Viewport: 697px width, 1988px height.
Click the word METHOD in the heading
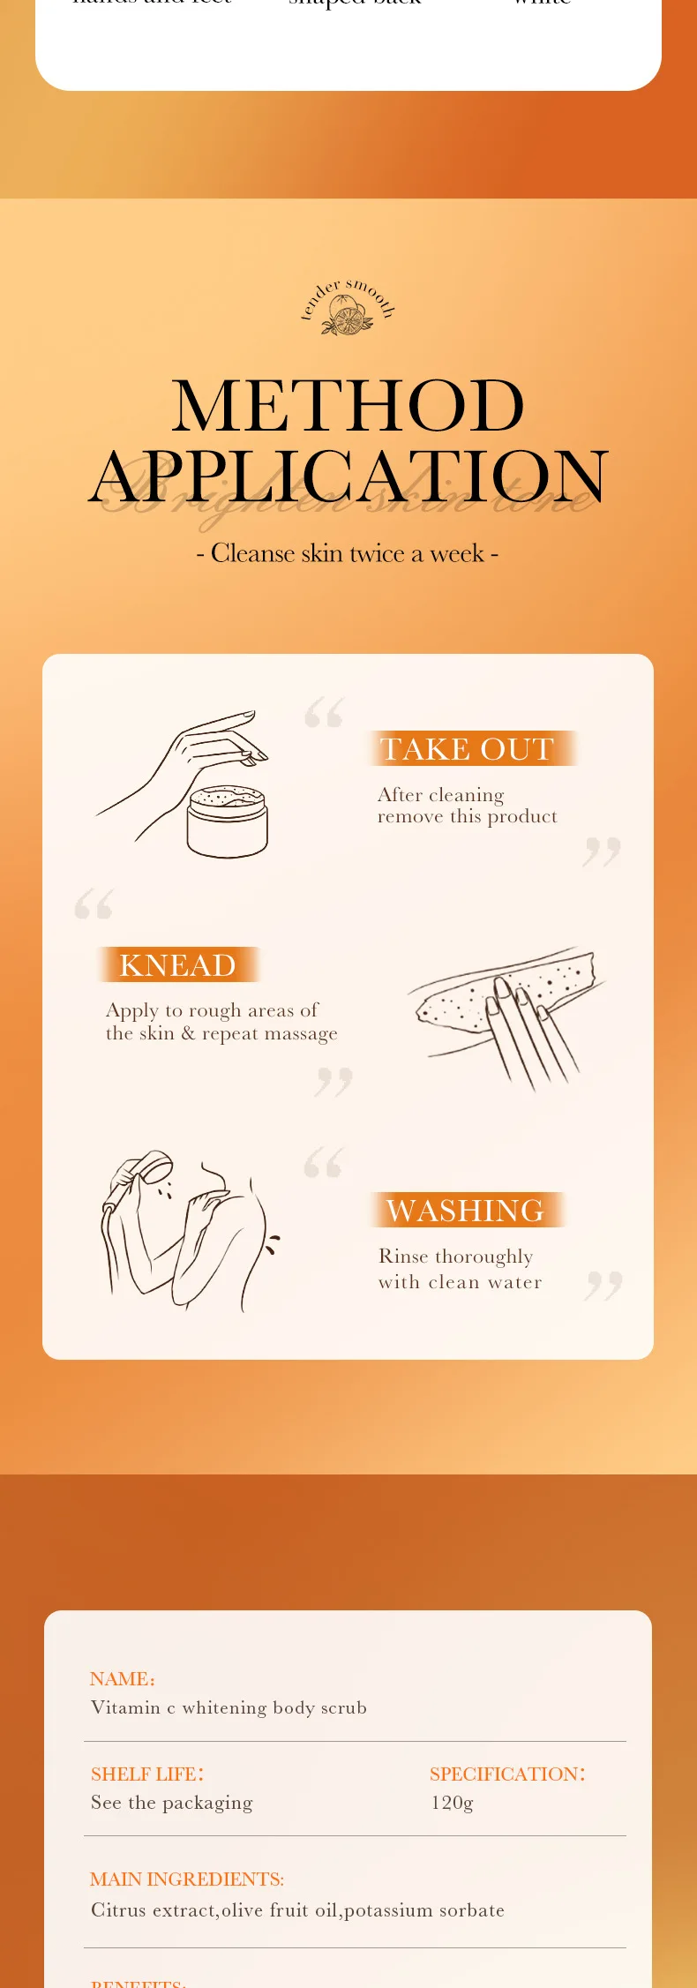(x=348, y=406)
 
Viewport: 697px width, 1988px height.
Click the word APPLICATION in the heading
(x=348, y=476)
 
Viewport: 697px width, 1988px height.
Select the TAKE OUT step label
(x=467, y=749)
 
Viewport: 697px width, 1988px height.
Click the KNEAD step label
(x=177, y=965)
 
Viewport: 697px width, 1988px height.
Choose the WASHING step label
(x=465, y=1211)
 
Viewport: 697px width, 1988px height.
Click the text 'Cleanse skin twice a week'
(x=348, y=553)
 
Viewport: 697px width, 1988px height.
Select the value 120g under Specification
(x=452, y=1803)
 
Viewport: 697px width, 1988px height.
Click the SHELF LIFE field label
(x=147, y=1774)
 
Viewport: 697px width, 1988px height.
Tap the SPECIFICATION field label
(x=507, y=1774)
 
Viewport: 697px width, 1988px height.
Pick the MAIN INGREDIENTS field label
(x=187, y=1879)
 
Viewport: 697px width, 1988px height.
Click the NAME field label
(x=122, y=1679)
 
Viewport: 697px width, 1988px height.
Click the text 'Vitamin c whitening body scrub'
(x=229, y=1707)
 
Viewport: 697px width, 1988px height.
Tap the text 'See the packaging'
(x=171, y=1803)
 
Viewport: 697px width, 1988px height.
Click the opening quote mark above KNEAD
(x=94, y=904)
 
